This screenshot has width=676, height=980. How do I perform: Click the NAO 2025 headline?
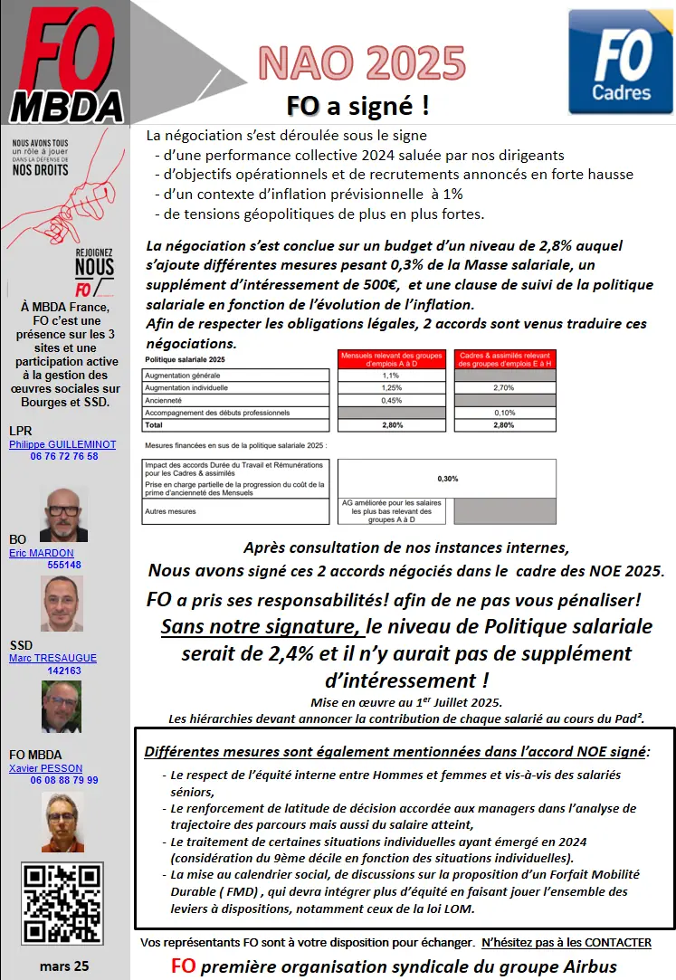pos(362,63)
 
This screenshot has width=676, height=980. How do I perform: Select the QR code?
pos(62,904)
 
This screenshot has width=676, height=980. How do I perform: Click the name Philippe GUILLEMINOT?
pos(62,444)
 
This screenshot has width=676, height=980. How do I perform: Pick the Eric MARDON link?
pos(42,553)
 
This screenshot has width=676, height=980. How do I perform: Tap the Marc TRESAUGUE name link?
pos(52,658)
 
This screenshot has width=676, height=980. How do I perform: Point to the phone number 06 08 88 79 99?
pos(64,780)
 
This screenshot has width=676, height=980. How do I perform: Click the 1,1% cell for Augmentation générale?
pos(391,375)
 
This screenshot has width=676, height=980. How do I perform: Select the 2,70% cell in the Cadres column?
pos(505,387)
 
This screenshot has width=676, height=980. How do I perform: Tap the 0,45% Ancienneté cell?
pos(391,400)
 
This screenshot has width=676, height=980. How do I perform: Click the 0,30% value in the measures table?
pos(447,479)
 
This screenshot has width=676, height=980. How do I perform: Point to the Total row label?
pos(154,424)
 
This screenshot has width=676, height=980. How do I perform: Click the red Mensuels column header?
pos(391,358)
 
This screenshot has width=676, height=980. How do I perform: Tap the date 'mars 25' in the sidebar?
pos(64,966)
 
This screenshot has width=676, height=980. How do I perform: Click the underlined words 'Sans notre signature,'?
pos(258,626)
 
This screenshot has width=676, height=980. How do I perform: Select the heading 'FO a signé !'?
pos(358,106)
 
